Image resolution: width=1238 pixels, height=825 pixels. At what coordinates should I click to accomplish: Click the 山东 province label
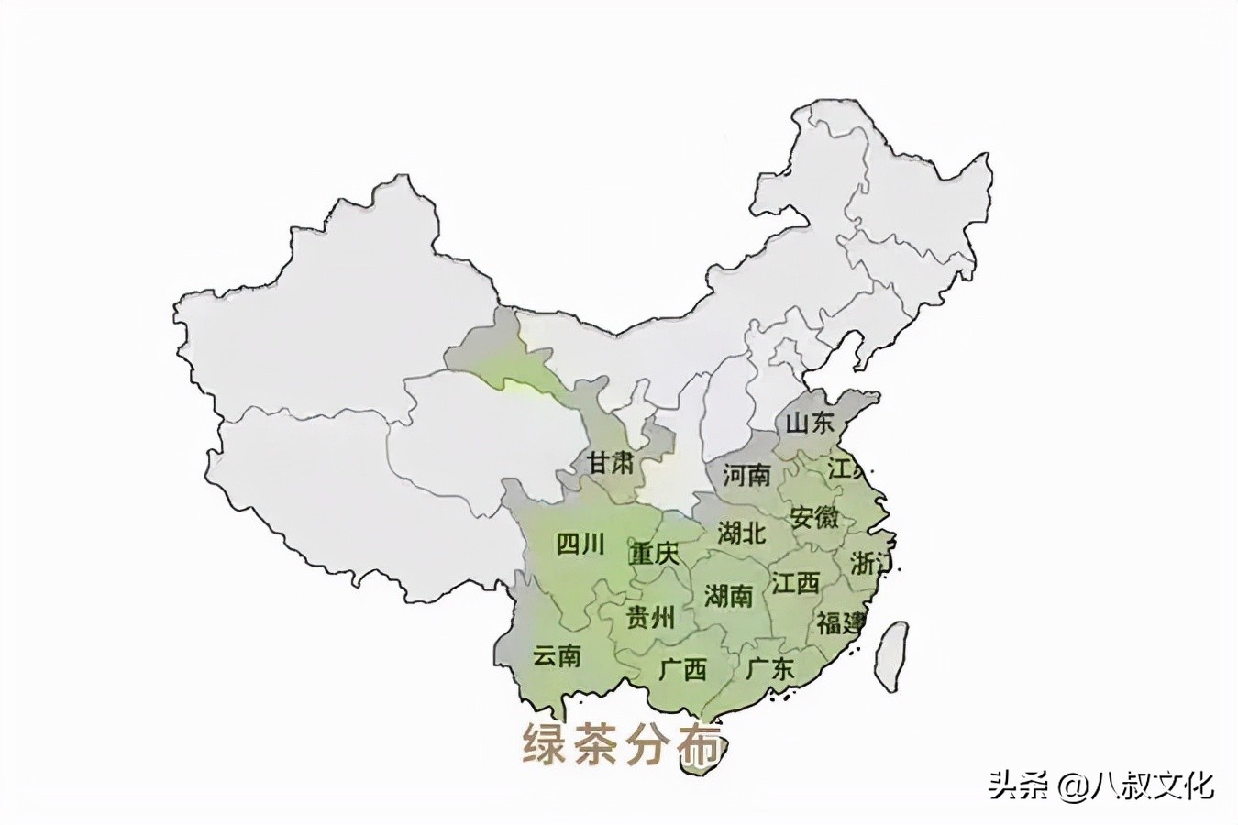pos(811,423)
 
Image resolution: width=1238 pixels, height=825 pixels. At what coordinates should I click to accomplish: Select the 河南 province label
pos(746,475)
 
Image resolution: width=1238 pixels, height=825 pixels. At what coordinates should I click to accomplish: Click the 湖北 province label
pos(742,532)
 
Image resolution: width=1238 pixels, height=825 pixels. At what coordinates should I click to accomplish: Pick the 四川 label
pos(580,544)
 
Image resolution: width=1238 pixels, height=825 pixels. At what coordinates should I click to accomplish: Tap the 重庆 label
pos(654,555)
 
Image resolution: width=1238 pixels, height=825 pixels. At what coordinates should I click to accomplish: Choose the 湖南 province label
pos(729,597)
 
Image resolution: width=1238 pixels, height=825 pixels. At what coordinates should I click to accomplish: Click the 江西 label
pos(795,583)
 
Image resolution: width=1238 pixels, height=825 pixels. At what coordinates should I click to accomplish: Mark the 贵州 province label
pos(650,617)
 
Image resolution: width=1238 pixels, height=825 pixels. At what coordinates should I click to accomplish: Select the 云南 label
pos(558,656)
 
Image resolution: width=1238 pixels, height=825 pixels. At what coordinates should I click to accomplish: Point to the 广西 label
pos(683,669)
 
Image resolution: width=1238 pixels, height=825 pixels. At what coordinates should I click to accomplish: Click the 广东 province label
pos(770,668)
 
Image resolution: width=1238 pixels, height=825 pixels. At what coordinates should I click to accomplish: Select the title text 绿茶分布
pos(621,744)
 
